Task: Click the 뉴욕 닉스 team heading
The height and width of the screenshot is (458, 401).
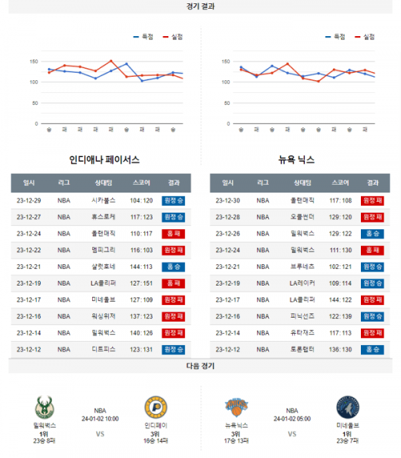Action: (x=297, y=160)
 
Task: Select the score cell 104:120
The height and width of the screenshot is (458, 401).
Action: (x=142, y=200)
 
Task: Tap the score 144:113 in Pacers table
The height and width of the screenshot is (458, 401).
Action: (x=142, y=266)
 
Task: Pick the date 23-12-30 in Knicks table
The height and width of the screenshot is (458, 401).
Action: (x=227, y=200)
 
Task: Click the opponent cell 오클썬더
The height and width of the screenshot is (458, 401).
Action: (x=302, y=217)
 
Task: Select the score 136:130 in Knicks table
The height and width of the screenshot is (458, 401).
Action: (x=340, y=349)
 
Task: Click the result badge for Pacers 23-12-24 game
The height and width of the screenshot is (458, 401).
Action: (x=173, y=233)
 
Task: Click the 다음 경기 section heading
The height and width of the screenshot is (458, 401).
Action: (x=200, y=366)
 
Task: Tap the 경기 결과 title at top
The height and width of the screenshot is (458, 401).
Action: (x=200, y=6)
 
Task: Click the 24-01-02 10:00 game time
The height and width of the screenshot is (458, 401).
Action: (x=100, y=419)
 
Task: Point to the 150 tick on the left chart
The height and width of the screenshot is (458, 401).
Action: (x=33, y=62)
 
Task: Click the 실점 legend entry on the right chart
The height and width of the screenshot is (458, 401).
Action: (x=365, y=37)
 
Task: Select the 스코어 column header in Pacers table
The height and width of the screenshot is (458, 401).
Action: (x=142, y=183)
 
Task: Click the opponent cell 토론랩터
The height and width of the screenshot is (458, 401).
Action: (x=302, y=349)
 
